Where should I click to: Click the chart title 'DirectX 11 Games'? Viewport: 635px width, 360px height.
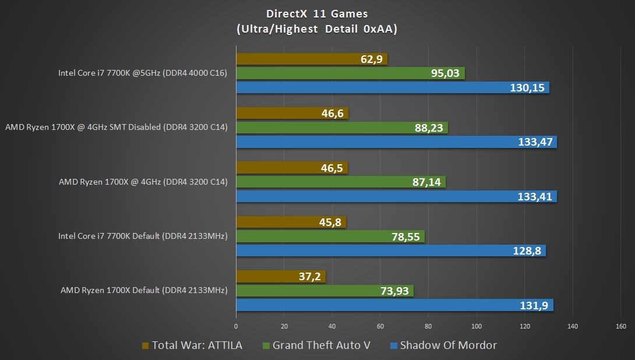point(317,13)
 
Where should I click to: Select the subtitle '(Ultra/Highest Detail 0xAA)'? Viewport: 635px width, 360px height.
point(317,29)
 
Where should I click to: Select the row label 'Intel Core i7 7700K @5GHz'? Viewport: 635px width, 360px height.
point(142,73)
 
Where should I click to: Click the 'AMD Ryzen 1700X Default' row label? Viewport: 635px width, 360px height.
point(144,290)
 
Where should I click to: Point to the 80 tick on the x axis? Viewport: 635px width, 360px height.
point(428,326)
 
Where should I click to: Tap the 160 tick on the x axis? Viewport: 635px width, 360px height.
point(620,326)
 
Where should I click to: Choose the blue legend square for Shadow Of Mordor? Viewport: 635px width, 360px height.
point(394,346)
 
